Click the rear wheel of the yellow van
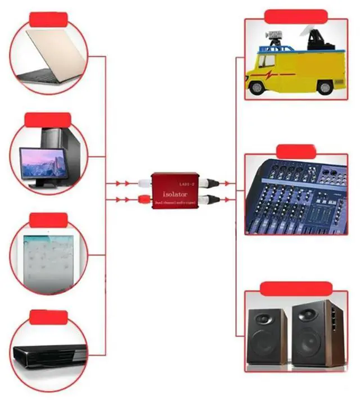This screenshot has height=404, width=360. click(325, 87)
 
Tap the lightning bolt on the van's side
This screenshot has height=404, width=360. click(273, 74)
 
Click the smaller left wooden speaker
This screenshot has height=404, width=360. click(267, 337)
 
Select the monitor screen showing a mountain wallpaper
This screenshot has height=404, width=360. click(41, 162)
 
